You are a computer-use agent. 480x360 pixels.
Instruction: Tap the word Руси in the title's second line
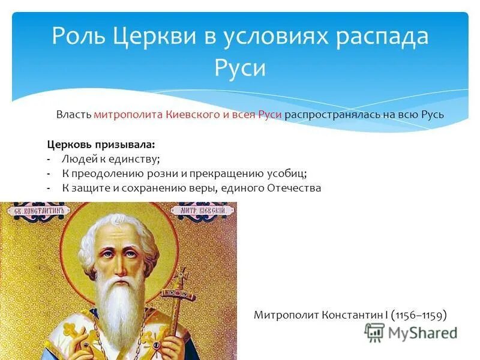239,67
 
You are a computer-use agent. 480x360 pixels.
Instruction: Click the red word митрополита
128,115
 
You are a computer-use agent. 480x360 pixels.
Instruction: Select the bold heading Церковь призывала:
101,145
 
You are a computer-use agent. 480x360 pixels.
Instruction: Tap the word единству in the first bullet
137,160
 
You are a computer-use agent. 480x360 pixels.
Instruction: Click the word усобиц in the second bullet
286,174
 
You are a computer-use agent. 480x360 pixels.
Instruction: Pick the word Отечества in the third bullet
293,188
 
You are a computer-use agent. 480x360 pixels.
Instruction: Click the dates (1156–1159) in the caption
418,314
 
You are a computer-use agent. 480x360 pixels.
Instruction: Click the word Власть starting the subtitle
74,115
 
